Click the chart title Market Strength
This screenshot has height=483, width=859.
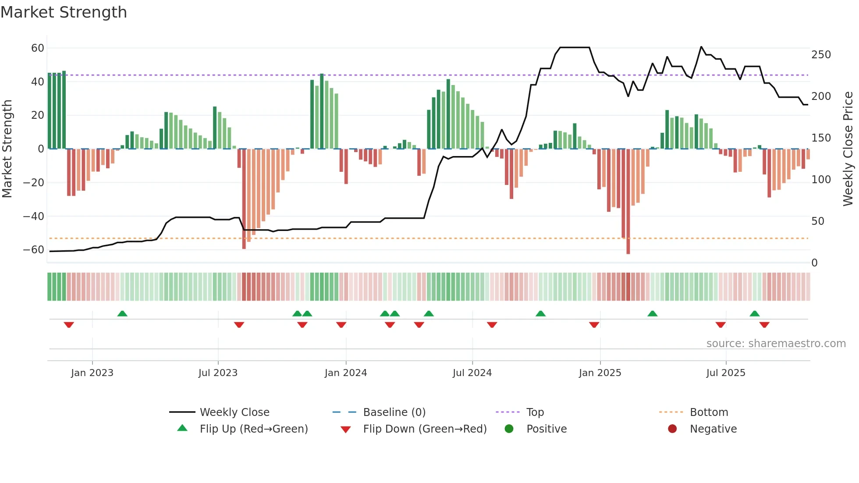pos(64,12)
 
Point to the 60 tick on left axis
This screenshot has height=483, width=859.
pos(38,48)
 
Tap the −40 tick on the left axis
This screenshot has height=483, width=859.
pos(34,216)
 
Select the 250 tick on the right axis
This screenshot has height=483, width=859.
pos(821,55)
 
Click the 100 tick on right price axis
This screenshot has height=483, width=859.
pos(821,180)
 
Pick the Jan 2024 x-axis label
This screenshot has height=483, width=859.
pos(346,373)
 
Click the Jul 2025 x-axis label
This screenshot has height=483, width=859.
pos(726,373)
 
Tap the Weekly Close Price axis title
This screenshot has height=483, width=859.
pos(848,149)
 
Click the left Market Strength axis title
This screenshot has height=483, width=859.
pos(7,149)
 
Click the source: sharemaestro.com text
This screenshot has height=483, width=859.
pos(776,344)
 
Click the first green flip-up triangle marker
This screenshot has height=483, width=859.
pos(122,314)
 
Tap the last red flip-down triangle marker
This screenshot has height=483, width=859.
pos(764,325)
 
